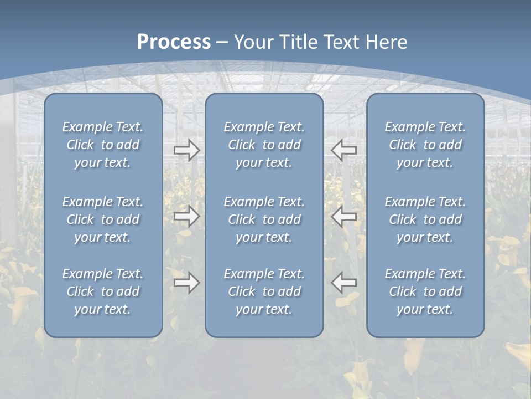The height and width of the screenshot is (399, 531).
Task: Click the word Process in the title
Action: [174, 42]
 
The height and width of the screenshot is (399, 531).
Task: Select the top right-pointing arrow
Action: [187, 150]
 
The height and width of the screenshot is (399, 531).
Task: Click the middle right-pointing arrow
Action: [187, 216]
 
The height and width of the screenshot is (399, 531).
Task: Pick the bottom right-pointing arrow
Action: [187, 283]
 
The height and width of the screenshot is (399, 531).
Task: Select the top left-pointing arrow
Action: [343, 150]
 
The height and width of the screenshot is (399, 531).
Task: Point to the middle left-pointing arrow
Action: [343, 216]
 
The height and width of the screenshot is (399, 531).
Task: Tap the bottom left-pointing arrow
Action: [343, 283]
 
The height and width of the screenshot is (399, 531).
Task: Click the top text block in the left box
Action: [103, 145]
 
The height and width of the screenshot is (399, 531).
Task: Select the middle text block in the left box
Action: [103, 219]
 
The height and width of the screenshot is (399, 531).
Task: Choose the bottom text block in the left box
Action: [103, 291]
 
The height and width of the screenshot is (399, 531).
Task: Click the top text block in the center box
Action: [264, 145]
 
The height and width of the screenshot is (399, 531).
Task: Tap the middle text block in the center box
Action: [264, 219]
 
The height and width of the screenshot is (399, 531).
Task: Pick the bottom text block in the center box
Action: [264, 291]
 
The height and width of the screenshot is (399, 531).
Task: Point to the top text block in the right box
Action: [425, 145]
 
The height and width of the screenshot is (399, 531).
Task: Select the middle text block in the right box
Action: [425, 219]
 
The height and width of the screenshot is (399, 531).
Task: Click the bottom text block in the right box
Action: [425, 291]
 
